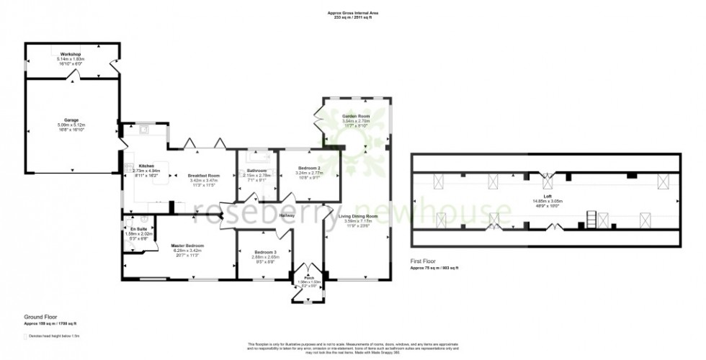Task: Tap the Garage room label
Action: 71,120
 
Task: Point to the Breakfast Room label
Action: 203,175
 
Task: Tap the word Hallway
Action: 287,215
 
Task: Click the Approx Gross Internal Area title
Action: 353,12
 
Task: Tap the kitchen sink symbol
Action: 143,130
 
